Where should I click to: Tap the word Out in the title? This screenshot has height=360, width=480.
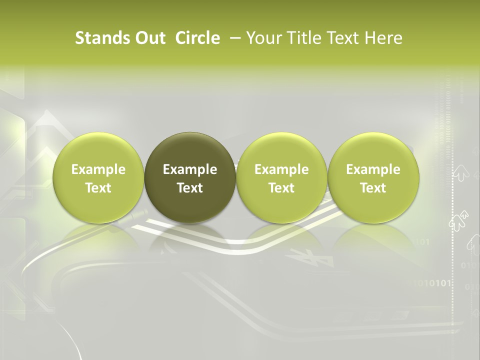(x=148, y=38)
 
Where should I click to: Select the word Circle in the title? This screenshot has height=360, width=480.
(x=197, y=38)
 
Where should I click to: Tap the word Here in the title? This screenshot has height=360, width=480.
(x=382, y=38)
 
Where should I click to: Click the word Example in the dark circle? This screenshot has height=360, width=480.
(x=190, y=169)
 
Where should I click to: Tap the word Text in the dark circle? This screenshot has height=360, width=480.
(x=190, y=188)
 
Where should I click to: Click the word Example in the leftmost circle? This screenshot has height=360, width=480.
(x=98, y=169)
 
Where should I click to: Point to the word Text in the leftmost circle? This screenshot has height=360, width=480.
(x=98, y=188)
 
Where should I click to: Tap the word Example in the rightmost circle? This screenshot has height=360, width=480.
(x=373, y=169)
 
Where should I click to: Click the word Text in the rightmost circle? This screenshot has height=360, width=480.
(x=373, y=188)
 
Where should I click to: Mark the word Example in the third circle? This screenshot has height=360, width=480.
(x=281, y=169)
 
